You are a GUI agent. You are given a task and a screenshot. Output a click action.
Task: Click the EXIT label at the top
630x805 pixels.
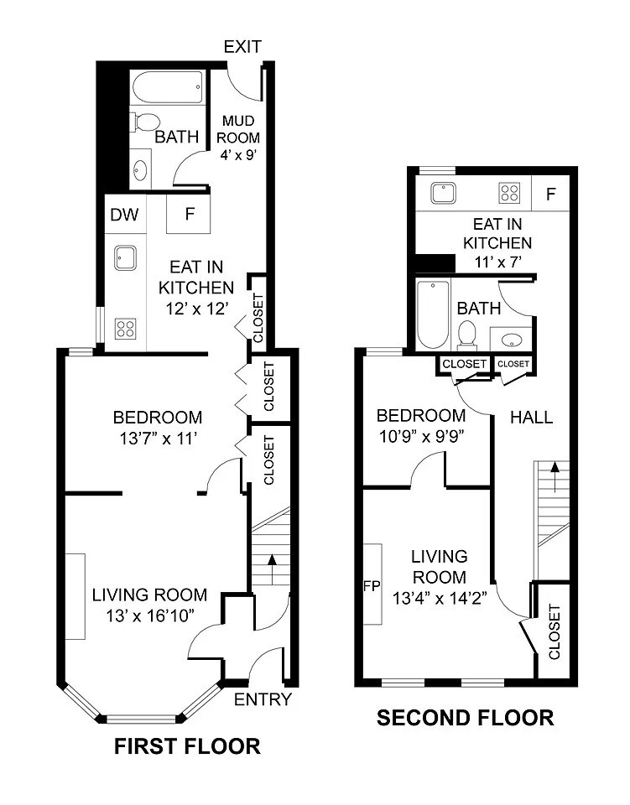click(242, 46)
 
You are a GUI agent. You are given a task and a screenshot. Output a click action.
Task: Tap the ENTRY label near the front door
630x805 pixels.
click(263, 699)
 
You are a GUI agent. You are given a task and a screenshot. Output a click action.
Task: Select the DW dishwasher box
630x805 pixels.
click(124, 215)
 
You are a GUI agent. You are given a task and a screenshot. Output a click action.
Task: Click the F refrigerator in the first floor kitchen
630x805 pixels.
click(190, 214)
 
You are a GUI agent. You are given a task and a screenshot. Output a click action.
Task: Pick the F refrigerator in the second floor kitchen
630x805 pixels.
click(551, 195)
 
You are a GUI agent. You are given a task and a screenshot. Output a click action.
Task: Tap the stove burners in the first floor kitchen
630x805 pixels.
click(125, 327)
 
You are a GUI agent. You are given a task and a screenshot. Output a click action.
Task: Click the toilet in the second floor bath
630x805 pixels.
click(467, 335)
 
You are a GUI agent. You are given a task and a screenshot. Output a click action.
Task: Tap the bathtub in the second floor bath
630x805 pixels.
click(432, 315)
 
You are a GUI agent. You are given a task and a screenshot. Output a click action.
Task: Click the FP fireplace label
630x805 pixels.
click(372, 584)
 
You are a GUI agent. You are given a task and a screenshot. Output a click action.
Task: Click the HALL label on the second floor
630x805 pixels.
click(532, 417)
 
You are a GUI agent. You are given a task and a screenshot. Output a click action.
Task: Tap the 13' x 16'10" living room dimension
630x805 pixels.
click(149, 615)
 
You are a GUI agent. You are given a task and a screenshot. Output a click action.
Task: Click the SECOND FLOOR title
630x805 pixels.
click(465, 718)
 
